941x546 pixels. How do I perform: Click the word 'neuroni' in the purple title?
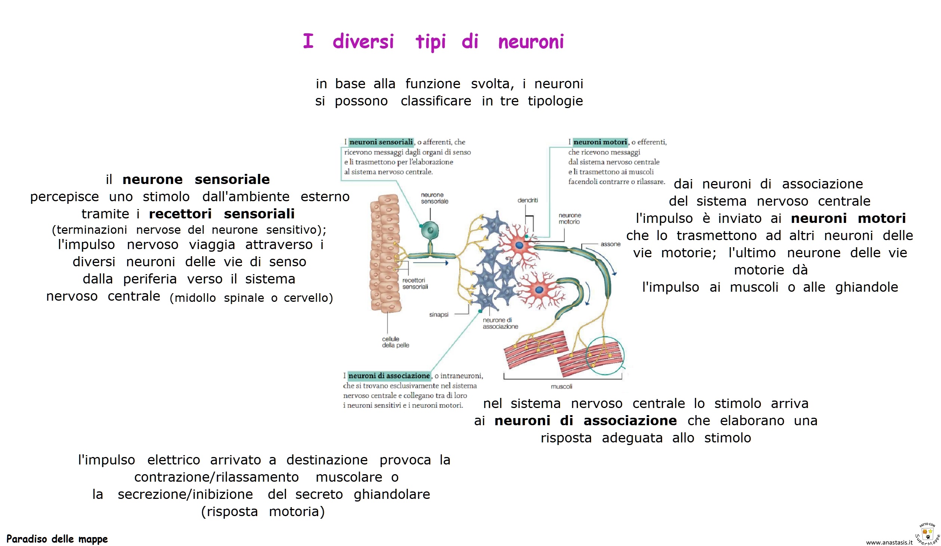tap(531, 42)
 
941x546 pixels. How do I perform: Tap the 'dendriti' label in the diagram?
tap(528, 200)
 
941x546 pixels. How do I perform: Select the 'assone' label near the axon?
tap(610, 244)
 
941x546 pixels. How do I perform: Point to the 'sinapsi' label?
tap(439, 315)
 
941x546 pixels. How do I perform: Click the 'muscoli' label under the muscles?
tap(561, 386)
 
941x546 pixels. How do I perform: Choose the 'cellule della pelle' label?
tap(395, 342)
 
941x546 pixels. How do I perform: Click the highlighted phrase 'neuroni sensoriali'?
tap(381, 142)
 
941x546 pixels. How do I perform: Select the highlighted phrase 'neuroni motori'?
tap(600, 142)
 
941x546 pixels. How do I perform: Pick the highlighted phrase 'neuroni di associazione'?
tap(389, 375)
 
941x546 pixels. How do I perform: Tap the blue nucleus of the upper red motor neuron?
tap(519, 245)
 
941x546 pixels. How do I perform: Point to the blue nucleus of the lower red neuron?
tap(539, 290)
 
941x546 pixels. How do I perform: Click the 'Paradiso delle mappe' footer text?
tap(57, 539)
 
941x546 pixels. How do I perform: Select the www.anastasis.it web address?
tap(889, 542)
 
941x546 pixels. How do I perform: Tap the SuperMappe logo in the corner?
tap(928, 533)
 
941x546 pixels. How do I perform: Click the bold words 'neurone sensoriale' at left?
tap(196, 180)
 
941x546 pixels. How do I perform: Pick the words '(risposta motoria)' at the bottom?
tap(263, 512)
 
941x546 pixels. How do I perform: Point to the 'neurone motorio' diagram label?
tap(569, 218)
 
